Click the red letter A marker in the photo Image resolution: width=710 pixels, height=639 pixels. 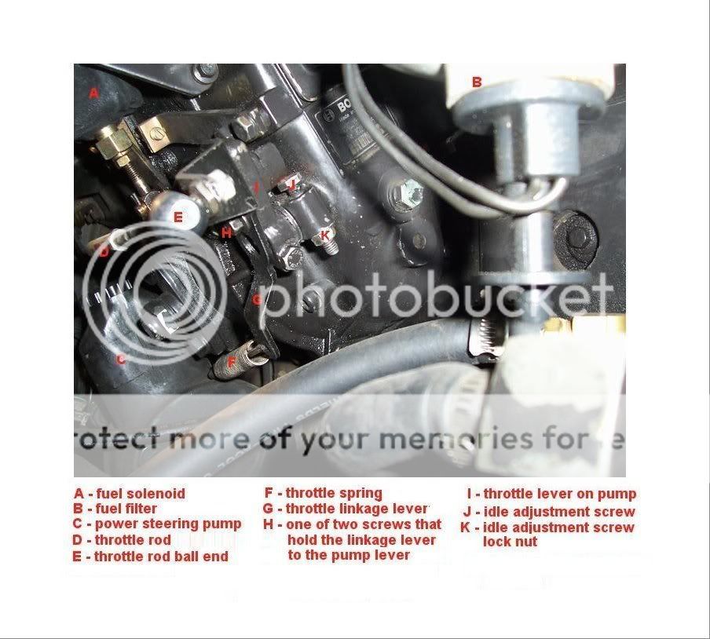tap(93, 93)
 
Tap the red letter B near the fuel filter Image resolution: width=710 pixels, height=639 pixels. tap(476, 81)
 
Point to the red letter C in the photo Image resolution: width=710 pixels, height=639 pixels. tap(120, 360)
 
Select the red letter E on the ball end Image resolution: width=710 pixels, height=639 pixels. tap(178, 217)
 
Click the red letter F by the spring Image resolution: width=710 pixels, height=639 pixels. tap(231, 362)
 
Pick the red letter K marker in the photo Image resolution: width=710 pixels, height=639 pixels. tap(324, 234)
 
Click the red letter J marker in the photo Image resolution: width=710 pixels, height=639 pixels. tap(291, 185)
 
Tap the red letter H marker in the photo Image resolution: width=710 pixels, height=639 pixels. tap(226, 232)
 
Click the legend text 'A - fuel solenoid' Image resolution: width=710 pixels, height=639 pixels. tap(130, 494)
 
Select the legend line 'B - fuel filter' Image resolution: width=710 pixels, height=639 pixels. tap(115, 509)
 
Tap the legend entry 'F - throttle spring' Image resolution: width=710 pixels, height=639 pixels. tap(323, 493)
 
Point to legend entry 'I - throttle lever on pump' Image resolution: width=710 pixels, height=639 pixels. tap(551, 494)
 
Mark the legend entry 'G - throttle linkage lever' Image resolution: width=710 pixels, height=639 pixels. tap(346, 509)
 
